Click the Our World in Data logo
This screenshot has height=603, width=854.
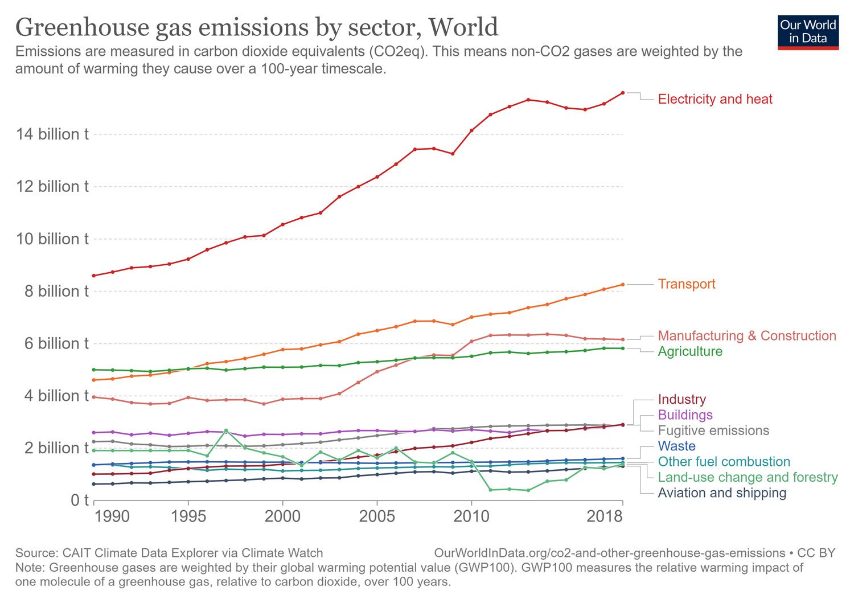[808, 32]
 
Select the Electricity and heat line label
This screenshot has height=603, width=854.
[715, 99]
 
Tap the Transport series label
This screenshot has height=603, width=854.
[687, 284]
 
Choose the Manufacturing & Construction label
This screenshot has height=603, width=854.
[747, 336]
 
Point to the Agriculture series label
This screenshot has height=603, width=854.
[690, 351]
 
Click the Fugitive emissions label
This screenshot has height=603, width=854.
[713, 430]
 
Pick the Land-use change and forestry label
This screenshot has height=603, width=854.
[748, 477]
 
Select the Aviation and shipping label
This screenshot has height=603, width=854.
[722, 493]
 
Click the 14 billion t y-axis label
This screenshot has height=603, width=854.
[52, 134]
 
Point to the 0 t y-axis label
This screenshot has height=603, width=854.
[80, 501]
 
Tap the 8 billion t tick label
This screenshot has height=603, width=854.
[52, 292]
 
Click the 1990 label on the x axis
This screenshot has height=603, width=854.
[112, 516]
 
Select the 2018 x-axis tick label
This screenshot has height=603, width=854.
[605, 516]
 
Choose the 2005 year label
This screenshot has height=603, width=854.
[377, 516]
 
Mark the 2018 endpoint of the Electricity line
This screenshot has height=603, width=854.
[623, 93]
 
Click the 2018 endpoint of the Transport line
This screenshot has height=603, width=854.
[623, 285]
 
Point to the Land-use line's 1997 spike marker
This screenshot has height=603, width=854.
[226, 430]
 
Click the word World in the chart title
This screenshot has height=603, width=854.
[463, 27]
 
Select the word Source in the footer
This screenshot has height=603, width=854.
[36, 553]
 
